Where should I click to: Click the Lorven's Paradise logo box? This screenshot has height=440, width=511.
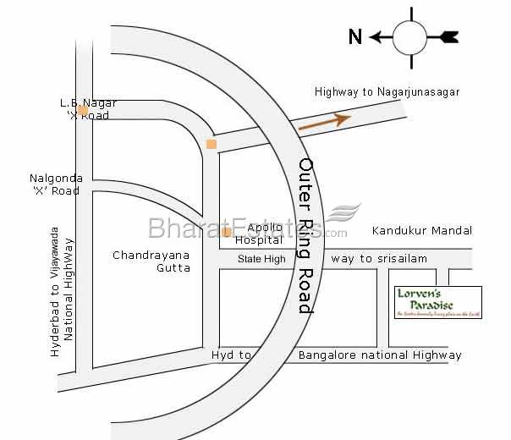click(x=438, y=303)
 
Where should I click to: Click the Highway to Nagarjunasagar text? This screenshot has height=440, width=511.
click(x=387, y=92)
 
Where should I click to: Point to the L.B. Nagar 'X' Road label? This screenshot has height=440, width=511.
click(x=87, y=109)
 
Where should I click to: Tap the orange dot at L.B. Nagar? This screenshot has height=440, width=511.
click(x=83, y=110)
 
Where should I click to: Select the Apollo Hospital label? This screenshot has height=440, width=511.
click(x=259, y=234)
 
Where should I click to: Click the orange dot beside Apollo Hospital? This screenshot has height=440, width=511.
click(x=227, y=232)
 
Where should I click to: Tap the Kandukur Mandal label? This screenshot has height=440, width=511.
click(x=421, y=230)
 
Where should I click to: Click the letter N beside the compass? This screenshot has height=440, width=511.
click(x=355, y=36)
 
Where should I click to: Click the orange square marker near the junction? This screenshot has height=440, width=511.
click(x=211, y=145)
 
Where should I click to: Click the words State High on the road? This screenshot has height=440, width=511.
click(x=261, y=259)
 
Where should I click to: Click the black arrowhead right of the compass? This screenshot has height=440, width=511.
click(x=447, y=36)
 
